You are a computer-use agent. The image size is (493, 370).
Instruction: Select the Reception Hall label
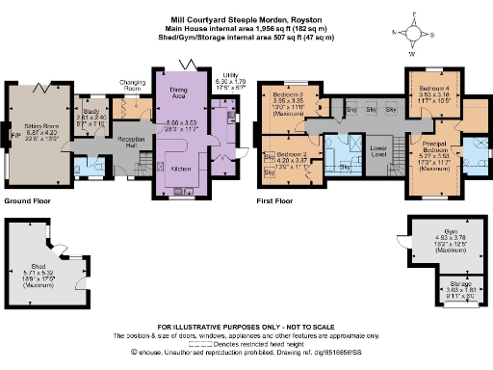click(131, 143)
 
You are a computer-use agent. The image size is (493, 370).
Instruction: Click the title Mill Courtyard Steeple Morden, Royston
click(247, 17)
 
